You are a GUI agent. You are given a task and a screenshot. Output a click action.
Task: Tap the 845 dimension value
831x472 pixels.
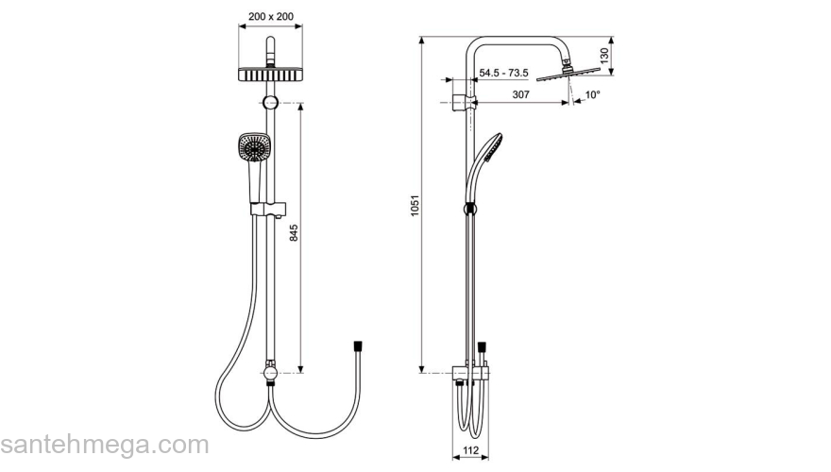tap(294, 234)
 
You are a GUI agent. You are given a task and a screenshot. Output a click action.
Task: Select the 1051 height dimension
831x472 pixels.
tap(415, 209)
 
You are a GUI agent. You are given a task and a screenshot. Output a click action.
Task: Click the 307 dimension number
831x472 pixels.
tap(520, 93)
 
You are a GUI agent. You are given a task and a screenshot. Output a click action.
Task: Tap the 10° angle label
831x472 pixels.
tap(592, 95)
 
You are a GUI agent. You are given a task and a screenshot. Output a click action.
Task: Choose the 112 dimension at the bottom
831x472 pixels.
tap(470, 450)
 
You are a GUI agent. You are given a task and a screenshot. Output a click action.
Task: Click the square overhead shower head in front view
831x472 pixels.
tap(271, 76)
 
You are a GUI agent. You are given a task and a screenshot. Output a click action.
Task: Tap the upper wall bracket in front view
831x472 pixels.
tap(271, 102)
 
